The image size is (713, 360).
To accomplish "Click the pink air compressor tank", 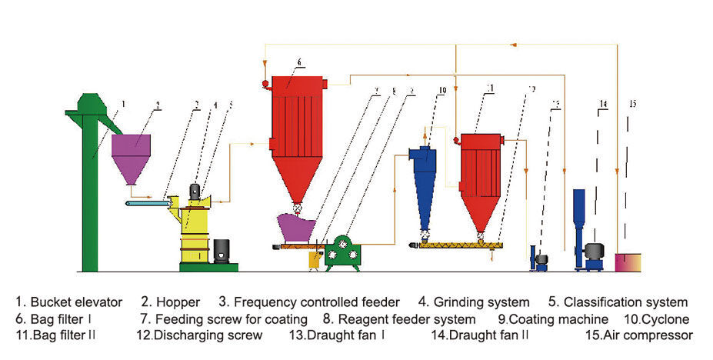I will click(628, 262).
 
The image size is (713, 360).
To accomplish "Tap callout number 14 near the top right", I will click(603, 104).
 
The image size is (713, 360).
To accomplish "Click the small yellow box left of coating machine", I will click(313, 260).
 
